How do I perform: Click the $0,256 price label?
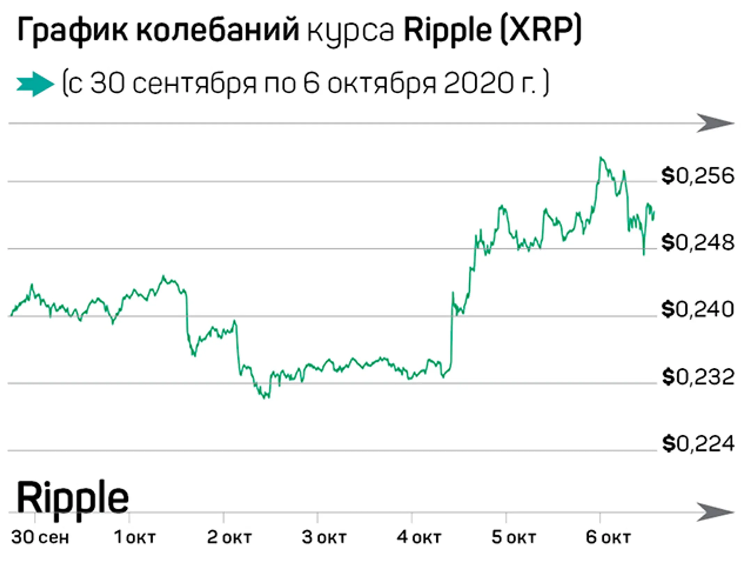tap(698, 176)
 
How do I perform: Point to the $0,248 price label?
tap(698, 243)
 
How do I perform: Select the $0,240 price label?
tap(698, 310)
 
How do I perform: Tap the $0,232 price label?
tap(698, 377)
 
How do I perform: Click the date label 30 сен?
tap(40, 537)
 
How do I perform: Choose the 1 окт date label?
tap(135, 537)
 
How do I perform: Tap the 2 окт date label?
tap(229, 537)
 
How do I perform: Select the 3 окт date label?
tap(324, 537)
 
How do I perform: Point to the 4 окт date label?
tap(419, 537)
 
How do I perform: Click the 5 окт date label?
tap(514, 537)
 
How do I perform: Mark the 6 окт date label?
tap(608, 537)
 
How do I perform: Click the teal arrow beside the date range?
tap(35, 84)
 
